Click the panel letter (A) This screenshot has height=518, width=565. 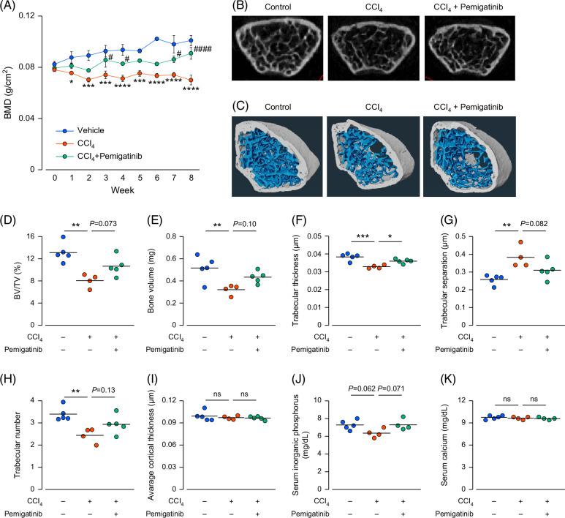pyautogui.click(x=10, y=7)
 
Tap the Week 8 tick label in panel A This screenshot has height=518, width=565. pyautogui.click(x=191, y=178)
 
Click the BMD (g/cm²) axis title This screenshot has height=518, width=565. pyautogui.click(x=10, y=92)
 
